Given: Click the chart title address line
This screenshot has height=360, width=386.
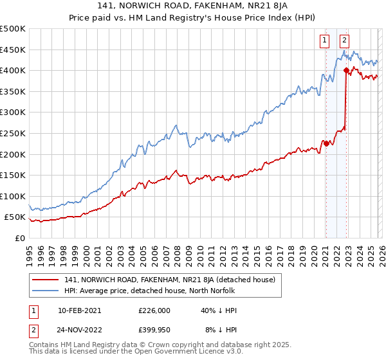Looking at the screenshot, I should pos(192,6).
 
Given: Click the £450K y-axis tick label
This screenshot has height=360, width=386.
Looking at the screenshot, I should pos(12,50).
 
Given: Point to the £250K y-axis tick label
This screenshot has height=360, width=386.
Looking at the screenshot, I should pos(12,133).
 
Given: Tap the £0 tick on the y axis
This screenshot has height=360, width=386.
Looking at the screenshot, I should pos(20,238).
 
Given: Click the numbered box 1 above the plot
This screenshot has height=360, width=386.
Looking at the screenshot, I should pos(326,40).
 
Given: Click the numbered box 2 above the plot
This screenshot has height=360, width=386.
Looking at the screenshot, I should pos(345,40).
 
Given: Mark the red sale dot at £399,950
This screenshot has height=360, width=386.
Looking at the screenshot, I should pos(346,70).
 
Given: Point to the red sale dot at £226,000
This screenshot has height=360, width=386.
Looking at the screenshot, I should pos(326,143).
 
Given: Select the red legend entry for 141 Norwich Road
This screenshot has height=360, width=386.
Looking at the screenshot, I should pos(170,280).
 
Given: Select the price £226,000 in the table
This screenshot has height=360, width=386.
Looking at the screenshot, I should pos(154,310).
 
